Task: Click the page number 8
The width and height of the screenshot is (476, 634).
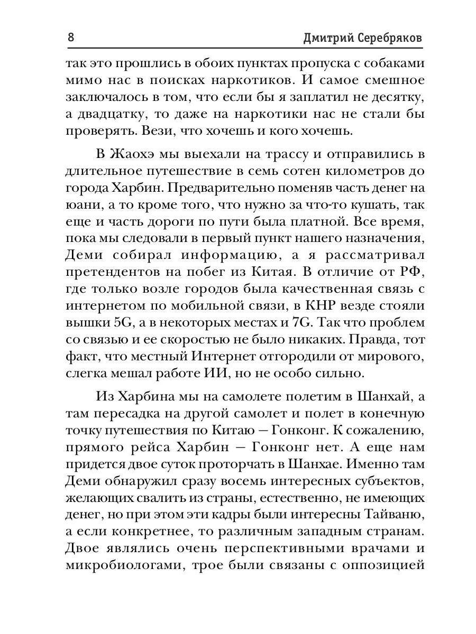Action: [71, 38]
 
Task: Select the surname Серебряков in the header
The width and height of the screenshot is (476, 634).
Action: [390, 39]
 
